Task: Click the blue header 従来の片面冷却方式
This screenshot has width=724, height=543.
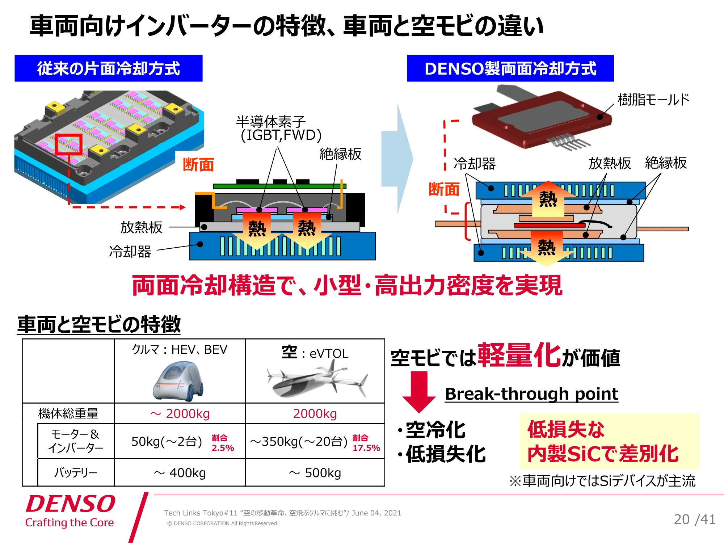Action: point(108,68)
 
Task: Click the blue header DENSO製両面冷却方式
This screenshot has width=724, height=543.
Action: point(510,68)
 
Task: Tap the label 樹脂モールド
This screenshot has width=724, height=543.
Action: point(653,100)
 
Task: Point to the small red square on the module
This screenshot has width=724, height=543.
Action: point(68,144)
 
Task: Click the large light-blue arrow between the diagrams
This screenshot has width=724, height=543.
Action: point(397,159)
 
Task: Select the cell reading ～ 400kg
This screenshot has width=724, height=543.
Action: point(180,473)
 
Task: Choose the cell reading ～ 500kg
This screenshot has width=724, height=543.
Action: point(315,473)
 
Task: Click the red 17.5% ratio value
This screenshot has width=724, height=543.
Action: point(366,448)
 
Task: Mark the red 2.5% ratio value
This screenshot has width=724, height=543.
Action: point(223,448)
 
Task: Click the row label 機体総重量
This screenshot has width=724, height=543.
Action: point(68,413)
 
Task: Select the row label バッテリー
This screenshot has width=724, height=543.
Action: point(76,472)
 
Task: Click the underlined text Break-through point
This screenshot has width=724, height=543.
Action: point(532,394)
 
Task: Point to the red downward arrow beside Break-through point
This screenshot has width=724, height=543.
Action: point(419,392)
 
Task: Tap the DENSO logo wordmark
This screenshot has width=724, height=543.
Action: point(71,504)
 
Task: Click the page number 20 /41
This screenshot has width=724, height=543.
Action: point(695,519)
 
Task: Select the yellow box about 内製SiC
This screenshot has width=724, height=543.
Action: point(610,441)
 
